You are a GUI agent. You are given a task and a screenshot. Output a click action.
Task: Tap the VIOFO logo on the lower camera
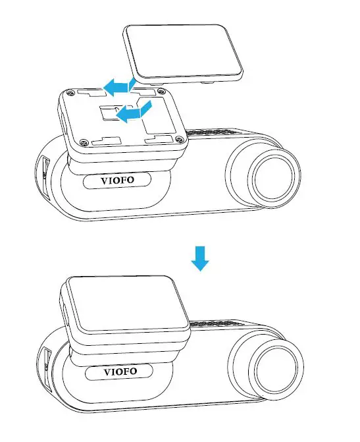tap(120, 372)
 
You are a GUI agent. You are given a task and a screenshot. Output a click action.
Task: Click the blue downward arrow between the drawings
tap(200, 259)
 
